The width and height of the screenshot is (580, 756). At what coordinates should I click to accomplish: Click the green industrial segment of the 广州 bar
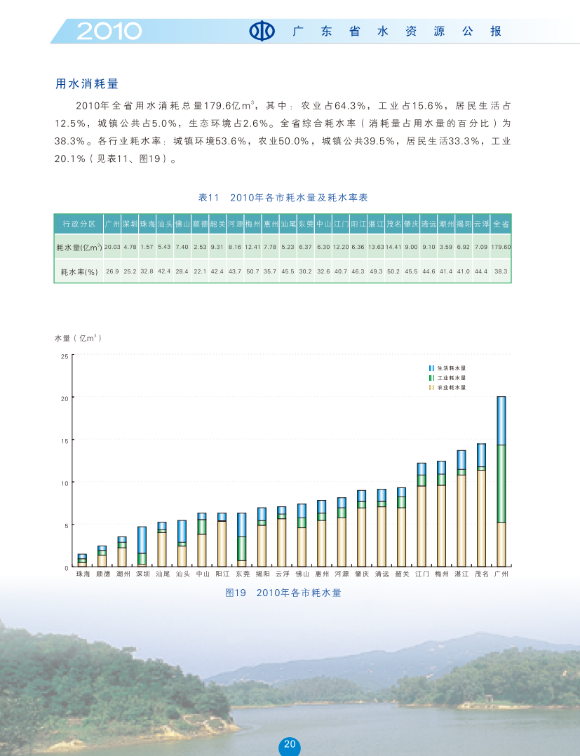click(x=501, y=484)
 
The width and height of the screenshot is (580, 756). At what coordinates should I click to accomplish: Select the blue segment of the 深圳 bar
click(x=142, y=540)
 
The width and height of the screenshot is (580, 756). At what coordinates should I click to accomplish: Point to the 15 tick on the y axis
click(x=64, y=440)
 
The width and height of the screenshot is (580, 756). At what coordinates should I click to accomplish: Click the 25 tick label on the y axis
click(x=64, y=357)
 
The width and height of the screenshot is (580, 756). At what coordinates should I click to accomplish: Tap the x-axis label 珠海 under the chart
click(x=83, y=574)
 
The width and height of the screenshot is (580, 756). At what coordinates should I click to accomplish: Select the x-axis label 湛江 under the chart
click(x=461, y=574)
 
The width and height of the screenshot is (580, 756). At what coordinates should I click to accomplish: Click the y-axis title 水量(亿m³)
click(x=79, y=338)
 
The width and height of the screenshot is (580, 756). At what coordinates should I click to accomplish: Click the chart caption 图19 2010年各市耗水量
click(x=283, y=593)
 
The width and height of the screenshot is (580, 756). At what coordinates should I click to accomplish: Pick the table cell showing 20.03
click(x=112, y=247)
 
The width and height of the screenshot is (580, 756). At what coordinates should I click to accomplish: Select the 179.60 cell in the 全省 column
click(x=501, y=247)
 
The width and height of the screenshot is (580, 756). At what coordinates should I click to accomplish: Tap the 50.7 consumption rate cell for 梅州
click(x=252, y=271)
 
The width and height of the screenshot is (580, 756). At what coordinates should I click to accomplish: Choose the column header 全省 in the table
click(x=501, y=224)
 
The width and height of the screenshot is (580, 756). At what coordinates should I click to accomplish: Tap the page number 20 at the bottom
click(x=290, y=745)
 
